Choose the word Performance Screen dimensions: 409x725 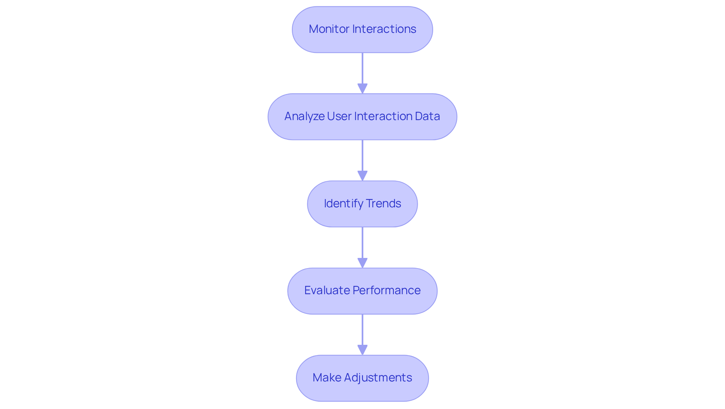point(386,290)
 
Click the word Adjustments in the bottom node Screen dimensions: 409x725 point(378,378)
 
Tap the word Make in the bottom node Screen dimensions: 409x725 point(327,378)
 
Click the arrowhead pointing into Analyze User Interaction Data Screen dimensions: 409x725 point(362,88)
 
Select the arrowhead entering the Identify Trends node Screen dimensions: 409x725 point(362,176)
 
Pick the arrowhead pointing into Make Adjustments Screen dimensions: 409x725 point(362,350)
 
